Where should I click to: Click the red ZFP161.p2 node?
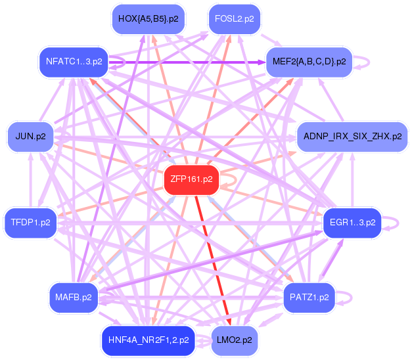(189, 179)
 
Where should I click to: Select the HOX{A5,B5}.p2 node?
(148, 19)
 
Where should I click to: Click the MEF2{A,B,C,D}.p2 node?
(308, 62)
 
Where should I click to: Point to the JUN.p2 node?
(30, 137)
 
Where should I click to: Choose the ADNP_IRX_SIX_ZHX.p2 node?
(352, 137)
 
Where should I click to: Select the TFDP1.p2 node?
(30, 223)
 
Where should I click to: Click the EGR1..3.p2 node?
(352, 223)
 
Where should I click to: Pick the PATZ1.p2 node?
(308, 298)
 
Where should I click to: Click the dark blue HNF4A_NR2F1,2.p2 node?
(148, 340)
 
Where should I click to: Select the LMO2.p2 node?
(234, 340)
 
